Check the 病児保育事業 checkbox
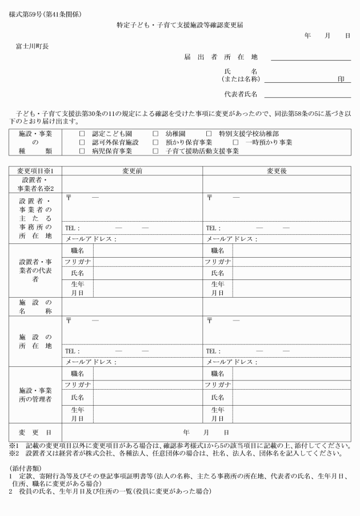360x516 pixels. tap(82, 151)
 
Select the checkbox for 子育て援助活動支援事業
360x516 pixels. tap(155, 151)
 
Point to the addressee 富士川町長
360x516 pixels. tap(32, 46)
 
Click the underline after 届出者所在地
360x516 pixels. tap(310, 59)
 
